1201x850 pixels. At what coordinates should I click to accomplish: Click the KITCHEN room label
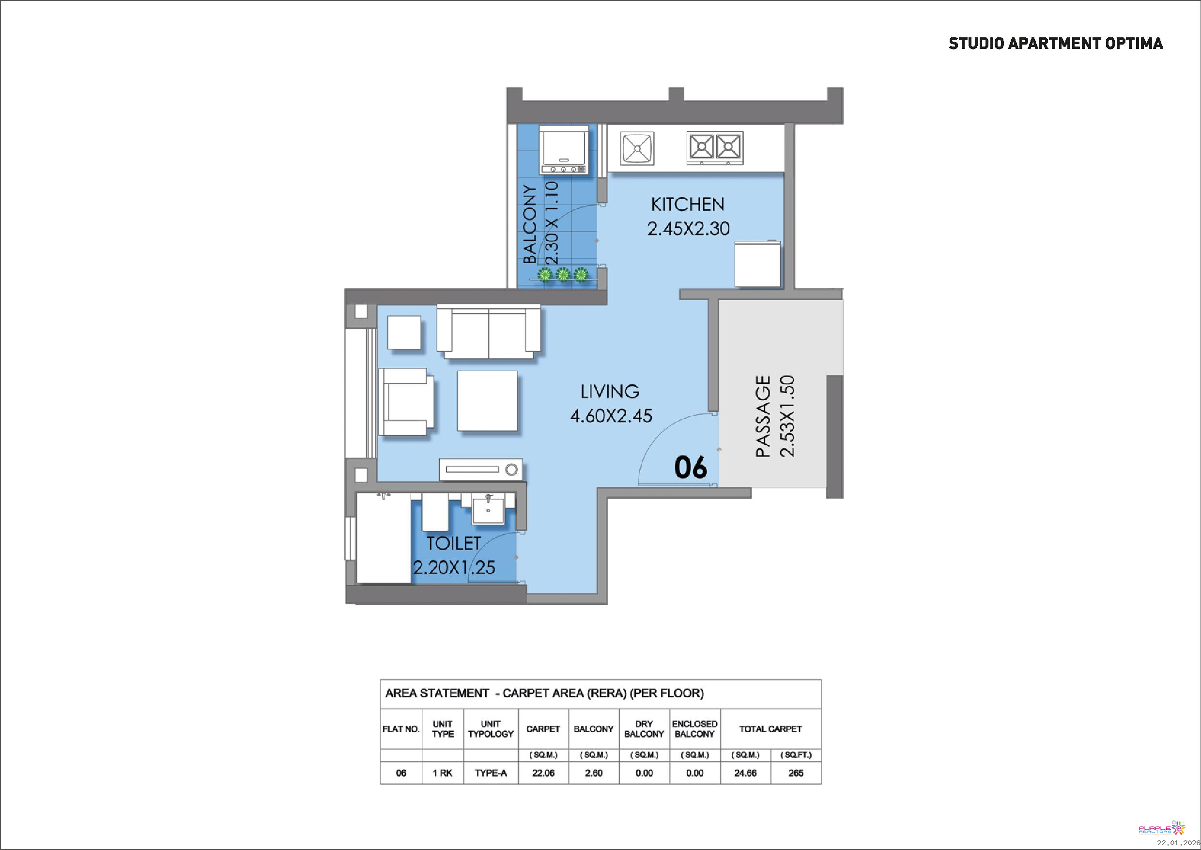[x=687, y=204]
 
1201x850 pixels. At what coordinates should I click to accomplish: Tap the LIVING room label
[x=610, y=392]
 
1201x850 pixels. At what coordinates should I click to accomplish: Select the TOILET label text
[x=453, y=543]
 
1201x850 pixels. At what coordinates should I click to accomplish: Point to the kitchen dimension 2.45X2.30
[x=688, y=229]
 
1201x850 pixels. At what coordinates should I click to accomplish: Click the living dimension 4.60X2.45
[x=611, y=416]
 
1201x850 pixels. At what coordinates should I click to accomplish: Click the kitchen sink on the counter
[x=637, y=148]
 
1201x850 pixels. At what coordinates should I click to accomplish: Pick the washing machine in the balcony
[x=564, y=150]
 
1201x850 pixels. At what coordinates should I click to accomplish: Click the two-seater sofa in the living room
[x=489, y=332]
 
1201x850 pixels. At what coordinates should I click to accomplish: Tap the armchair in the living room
[x=406, y=402]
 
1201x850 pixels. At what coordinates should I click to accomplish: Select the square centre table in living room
[x=488, y=401]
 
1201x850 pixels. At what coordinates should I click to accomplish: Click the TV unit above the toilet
[x=481, y=470]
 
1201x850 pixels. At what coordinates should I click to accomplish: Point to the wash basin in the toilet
[x=488, y=509]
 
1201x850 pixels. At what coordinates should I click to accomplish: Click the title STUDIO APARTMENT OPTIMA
[x=1056, y=44]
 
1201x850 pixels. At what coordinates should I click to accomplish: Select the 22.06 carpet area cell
[x=543, y=773]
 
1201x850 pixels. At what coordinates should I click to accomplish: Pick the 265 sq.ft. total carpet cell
[x=796, y=773]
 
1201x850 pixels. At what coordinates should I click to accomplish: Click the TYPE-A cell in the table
[x=491, y=773]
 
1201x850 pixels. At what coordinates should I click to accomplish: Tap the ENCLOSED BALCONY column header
[x=694, y=728]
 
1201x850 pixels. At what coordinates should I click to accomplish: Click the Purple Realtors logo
[x=1162, y=829]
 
